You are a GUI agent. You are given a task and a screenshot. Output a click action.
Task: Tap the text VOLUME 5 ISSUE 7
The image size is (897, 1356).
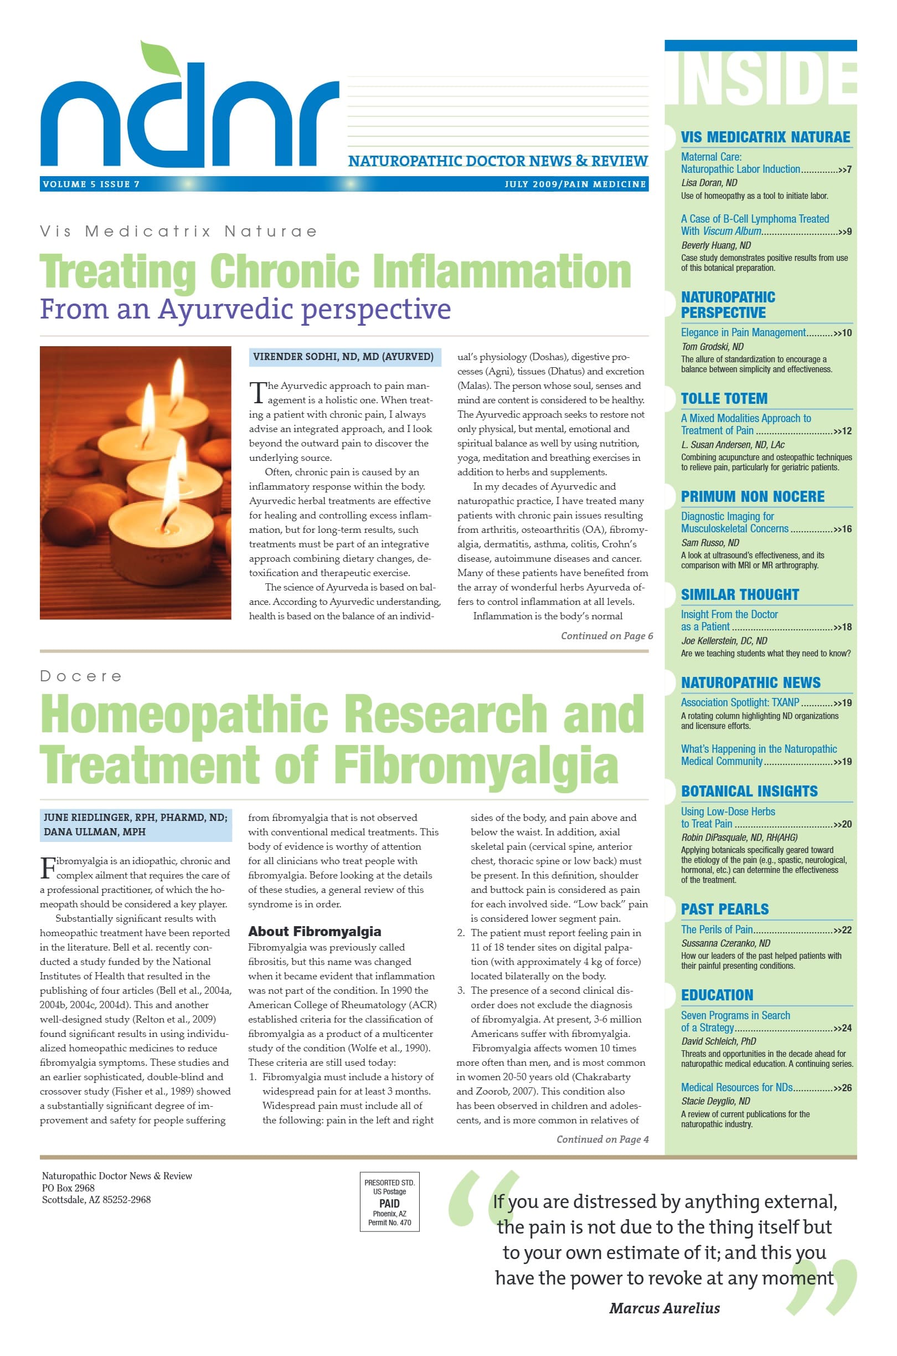[91, 184]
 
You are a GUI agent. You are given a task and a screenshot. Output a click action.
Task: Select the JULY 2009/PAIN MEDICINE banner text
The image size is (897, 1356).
[575, 184]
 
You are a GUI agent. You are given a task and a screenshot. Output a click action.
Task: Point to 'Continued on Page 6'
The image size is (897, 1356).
[606, 636]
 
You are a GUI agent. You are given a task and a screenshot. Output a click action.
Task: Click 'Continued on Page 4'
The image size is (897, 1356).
[602, 1139]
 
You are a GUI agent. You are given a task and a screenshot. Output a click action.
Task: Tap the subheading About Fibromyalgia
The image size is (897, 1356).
[314, 932]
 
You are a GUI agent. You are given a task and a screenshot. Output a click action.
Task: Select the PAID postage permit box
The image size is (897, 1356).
[390, 1201]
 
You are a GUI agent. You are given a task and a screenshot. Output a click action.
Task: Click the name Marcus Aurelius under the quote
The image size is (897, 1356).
[664, 1308]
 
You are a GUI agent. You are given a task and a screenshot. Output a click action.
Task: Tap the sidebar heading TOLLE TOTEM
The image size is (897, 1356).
[724, 399]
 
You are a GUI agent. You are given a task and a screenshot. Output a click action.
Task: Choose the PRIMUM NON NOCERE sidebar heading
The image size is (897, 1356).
[752, 497]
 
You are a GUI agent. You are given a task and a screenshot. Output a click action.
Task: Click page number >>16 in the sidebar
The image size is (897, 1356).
[843, 529]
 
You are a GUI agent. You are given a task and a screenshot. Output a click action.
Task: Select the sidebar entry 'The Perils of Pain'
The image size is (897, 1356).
[717, 929]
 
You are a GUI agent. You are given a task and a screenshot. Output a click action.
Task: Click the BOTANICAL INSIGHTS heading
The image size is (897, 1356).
[749, 792]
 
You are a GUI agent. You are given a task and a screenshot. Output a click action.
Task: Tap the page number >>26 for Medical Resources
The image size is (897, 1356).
[843, 1088]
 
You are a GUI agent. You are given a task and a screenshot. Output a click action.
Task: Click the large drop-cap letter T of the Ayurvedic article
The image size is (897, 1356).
[257, 393]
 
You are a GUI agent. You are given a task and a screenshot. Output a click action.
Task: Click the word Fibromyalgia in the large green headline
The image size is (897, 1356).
[475, 766]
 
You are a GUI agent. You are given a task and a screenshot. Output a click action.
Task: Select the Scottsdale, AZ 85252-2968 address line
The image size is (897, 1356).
[96, 1200]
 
